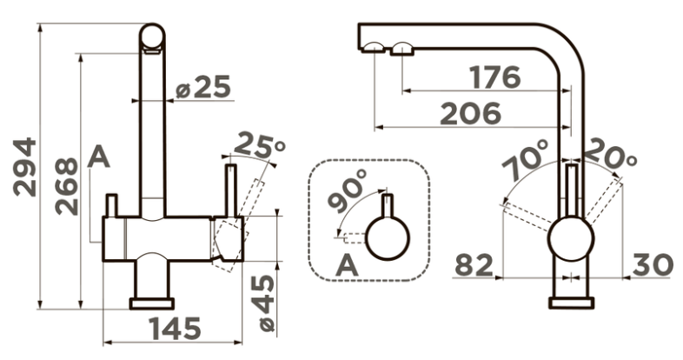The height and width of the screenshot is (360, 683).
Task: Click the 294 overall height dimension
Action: click(24, 167)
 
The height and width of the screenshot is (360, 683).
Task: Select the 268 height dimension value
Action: click(67, 187)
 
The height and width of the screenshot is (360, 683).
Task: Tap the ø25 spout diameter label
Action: click(202, 86)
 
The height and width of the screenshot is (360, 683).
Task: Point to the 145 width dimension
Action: click(175, 328)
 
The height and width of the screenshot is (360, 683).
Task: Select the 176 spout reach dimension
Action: click(494, 77)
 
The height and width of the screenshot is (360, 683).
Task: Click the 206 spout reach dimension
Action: click(470, 113)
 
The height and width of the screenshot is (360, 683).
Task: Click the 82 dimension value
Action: click(474, 265)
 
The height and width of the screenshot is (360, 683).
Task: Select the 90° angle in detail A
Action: click(348, 190)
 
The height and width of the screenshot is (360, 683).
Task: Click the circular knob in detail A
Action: click(388, 238)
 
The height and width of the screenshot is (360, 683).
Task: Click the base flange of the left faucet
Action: click(151, 303)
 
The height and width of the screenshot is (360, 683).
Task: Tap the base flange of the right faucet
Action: click(572, 303)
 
